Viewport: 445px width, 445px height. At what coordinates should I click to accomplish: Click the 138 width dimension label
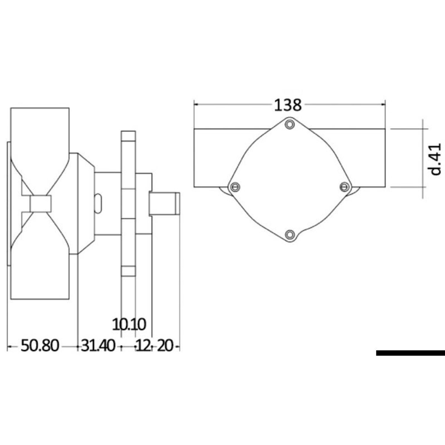(287, 105)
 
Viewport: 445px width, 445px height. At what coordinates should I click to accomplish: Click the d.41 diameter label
(435, 159)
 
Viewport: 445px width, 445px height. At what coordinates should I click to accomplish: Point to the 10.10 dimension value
(129, 324)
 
